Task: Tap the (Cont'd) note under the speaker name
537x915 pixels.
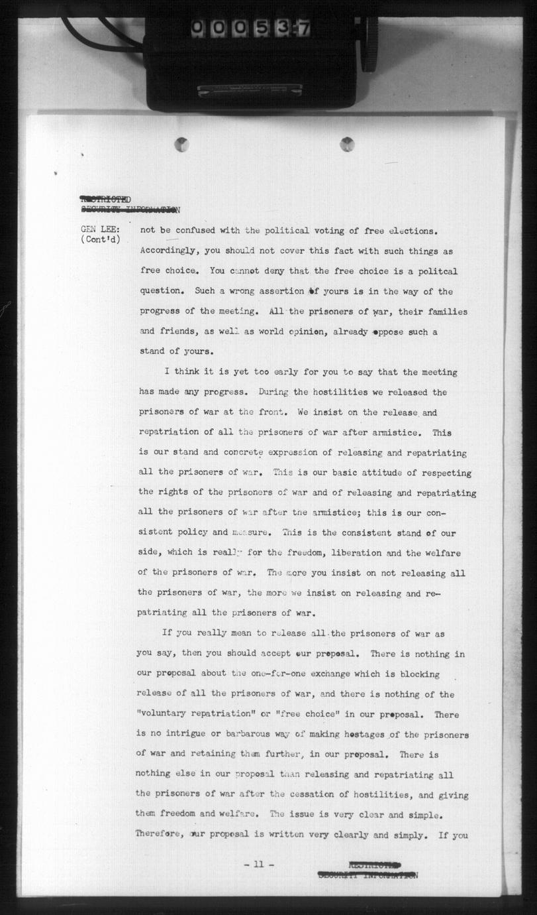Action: [101, 239]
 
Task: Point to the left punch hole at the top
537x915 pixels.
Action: [181, 144]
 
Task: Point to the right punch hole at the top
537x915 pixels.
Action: [347, 144]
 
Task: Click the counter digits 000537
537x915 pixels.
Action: [251, 28]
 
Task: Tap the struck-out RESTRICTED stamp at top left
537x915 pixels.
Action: [105, 200]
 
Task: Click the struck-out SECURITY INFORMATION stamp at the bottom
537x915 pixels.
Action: [367, 875]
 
